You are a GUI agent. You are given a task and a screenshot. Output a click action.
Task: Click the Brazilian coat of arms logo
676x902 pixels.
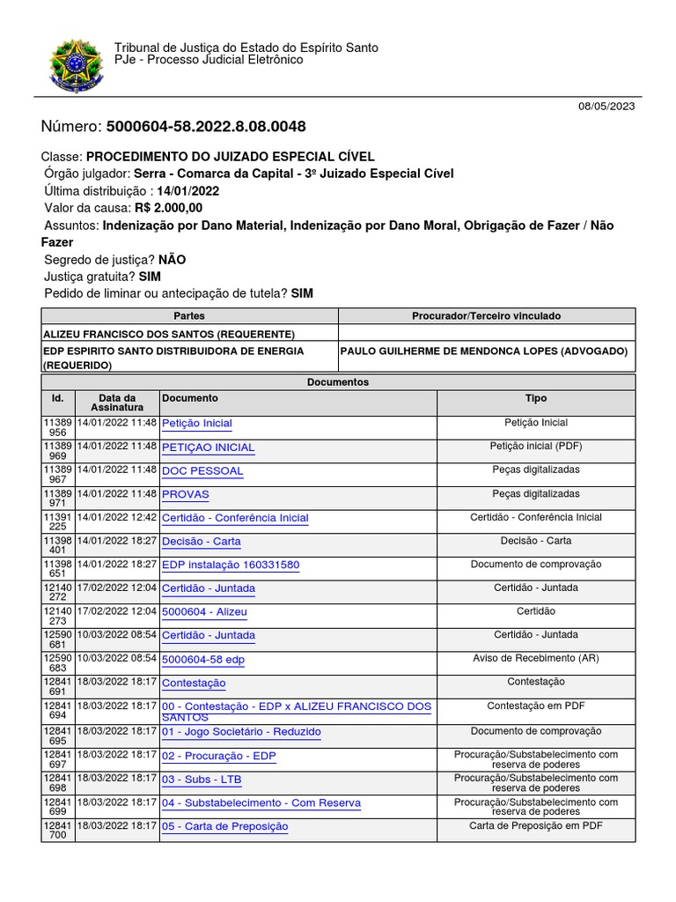(77, 65)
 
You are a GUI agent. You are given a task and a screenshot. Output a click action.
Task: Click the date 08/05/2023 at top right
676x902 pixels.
(606, 106)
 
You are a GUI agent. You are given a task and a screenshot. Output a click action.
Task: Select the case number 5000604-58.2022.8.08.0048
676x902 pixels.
(206, 127)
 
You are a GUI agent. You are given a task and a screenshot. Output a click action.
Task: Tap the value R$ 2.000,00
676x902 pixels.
(168, 208)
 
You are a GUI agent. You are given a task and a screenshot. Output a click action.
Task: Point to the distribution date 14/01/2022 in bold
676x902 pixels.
(188, 190)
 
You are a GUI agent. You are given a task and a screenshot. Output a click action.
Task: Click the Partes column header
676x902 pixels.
(189, 315)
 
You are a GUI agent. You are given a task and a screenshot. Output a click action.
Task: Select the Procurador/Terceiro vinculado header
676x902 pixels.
(486, 315)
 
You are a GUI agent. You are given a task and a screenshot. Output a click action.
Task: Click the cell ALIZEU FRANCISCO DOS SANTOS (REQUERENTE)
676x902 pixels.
(169, 334)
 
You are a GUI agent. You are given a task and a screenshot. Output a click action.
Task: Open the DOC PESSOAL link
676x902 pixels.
(202, 471)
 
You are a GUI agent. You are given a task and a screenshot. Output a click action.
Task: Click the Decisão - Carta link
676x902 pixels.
(202, 542)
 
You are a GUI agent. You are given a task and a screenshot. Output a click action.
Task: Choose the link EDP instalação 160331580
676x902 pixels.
(231, 565)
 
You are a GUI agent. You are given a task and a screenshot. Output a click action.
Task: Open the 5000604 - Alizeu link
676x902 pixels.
(204, 612)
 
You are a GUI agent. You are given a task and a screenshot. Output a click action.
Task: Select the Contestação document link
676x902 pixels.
(194, 684)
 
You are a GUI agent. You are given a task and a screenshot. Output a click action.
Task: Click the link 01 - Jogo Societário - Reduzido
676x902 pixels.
(241, 732)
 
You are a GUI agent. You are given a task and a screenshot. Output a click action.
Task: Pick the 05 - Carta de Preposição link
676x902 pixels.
(224, 826)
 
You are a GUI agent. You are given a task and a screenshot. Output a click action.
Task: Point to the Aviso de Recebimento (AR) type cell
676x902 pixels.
(535, 658)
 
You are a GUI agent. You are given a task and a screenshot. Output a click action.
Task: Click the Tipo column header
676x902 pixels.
(535, 398)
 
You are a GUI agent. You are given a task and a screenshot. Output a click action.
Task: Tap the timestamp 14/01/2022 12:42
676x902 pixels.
(117, 517)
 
